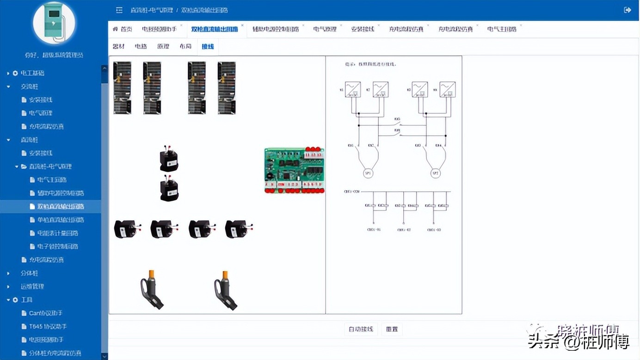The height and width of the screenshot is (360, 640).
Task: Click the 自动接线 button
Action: (x=361, y=329)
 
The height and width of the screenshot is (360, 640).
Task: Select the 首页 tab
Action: (x=123, y=29)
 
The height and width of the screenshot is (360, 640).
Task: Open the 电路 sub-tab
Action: (x=141, y=46)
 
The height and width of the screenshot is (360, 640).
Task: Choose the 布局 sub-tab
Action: (x=185, y=46)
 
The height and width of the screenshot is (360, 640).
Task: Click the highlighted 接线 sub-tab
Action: (x=208, y=46)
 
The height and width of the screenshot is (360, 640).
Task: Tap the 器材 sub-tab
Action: (x=119, y=46)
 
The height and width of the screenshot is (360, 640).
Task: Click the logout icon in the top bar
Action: (x=628, y=10)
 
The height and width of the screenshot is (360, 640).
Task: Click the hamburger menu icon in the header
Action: (x=119, y=10)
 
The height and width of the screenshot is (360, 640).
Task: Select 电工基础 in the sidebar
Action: (x=32, y=73)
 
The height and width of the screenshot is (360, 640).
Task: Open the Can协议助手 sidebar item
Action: (x=45, y=313)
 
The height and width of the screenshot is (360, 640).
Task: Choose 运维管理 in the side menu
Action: (x=32, y=286)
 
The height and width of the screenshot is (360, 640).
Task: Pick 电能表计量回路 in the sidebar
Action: (x=57, y=233)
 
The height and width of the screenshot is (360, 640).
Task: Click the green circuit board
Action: (x=294, y=170)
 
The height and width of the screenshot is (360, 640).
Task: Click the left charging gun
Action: (x=152, y=290)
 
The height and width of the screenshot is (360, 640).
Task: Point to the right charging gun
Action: (x=226, y=290)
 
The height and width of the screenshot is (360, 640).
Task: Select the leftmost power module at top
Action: (x=123, y=88)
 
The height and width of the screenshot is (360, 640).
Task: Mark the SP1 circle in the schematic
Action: (x=368, y=174)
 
